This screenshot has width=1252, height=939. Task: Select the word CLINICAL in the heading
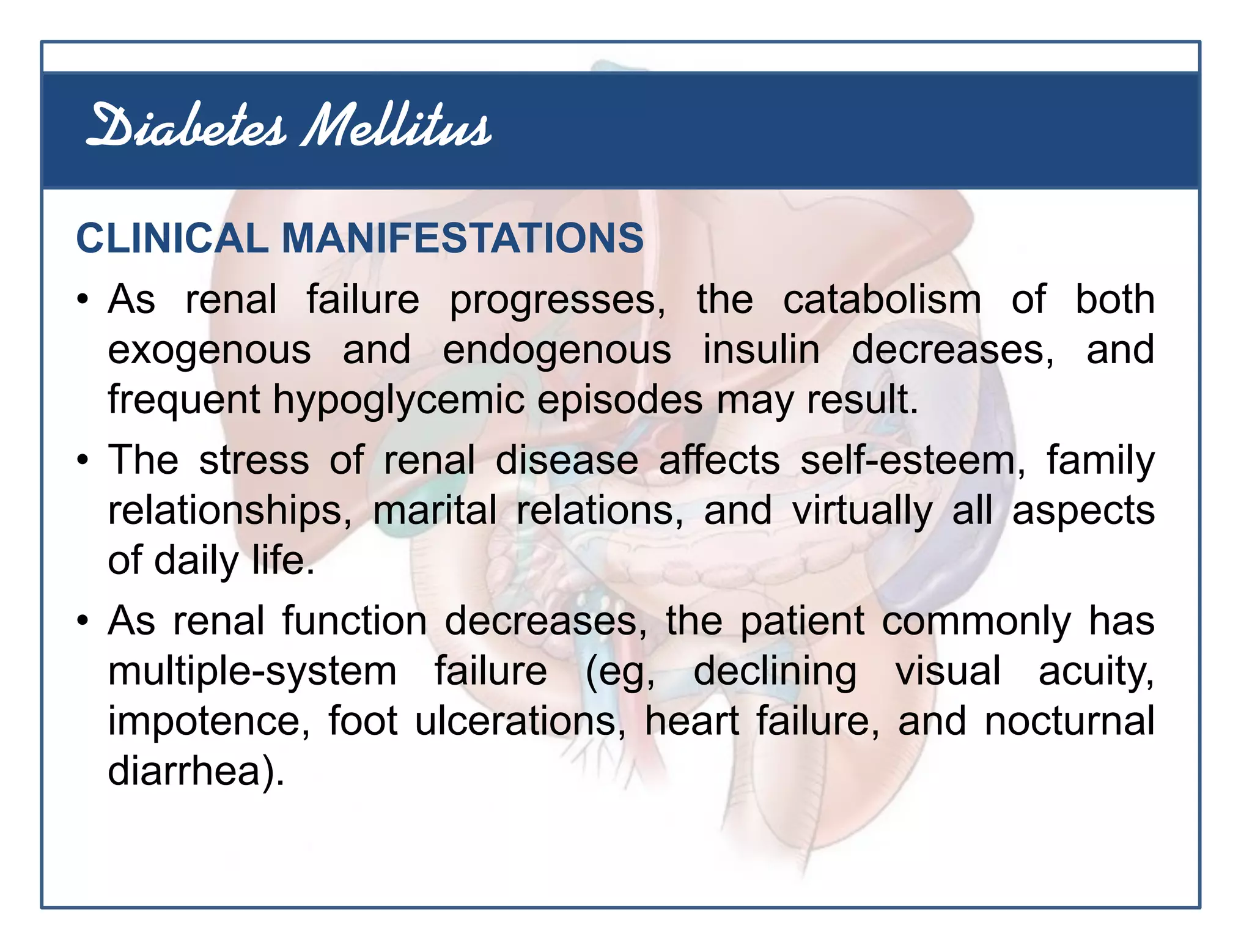click(172, 238)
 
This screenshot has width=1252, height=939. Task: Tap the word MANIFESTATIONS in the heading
click(462, 238)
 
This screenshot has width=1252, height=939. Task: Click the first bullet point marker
click(83, 301)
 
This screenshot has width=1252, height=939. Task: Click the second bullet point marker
click(83, 461)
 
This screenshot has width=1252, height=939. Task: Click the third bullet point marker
click(83, 622)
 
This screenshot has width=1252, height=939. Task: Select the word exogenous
click(209, 350)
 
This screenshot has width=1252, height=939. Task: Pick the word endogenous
click(557, 350)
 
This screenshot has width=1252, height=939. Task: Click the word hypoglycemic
click(399, 400)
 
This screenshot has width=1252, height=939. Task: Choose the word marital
click(435, 510)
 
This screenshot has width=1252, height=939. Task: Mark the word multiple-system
click(252, 671)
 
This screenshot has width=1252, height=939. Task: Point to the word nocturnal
click(1069, 721)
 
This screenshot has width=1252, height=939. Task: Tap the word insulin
click(761, 350)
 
